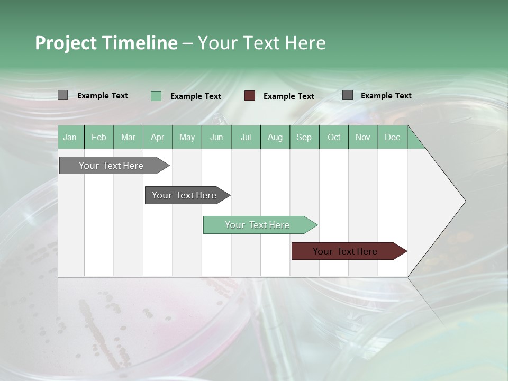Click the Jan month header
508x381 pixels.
click(x=70, y=137)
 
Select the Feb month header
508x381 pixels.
click(x=99, y=137)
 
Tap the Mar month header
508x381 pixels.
click(x=128, y=137)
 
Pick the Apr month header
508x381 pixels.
click(x=158, y=137)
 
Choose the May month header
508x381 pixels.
click(x=187, y=137)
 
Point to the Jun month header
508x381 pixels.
click(x=216, y=137)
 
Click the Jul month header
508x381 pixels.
click(x=246, y=137)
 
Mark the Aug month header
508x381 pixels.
click(x=275, y=137)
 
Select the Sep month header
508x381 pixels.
click(x=304, y=137)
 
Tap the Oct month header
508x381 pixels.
click(x=334, y=137)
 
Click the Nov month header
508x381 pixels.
click(x=363, y=137)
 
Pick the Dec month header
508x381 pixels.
click(x=393, y=137)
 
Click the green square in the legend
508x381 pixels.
click(x=156, y=96)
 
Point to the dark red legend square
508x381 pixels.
click(x=250, y=96)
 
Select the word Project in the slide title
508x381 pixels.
click(x=66, y=43)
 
